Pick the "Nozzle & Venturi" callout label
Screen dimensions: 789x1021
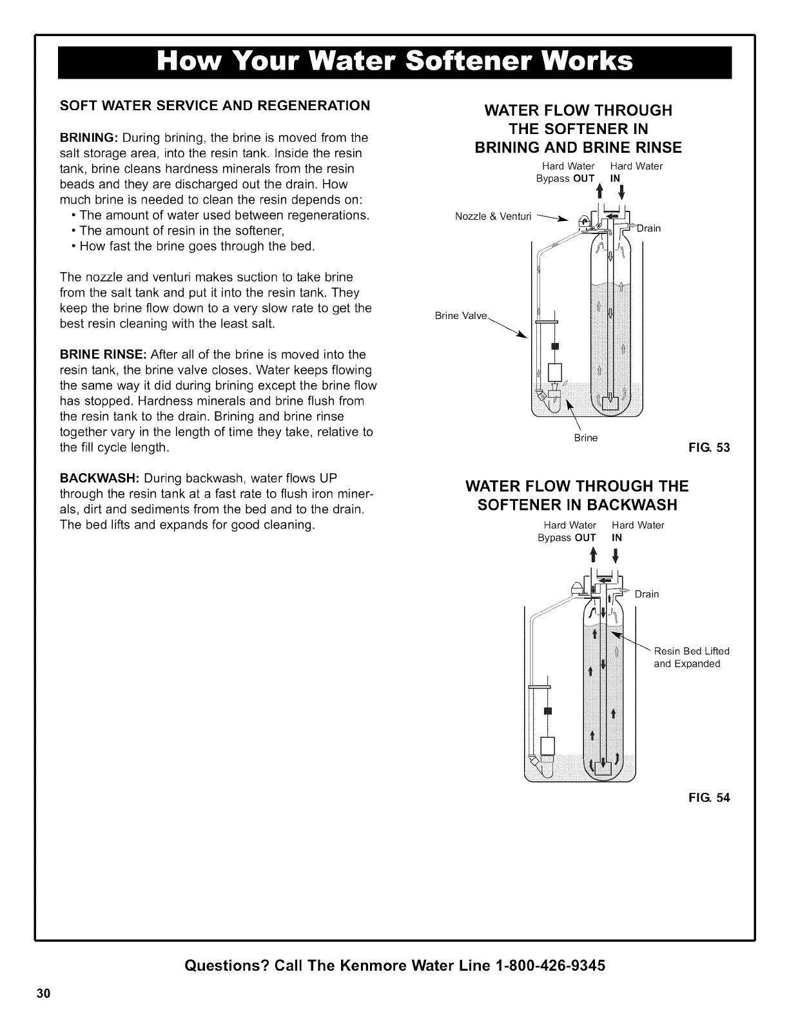[x=492, y=216]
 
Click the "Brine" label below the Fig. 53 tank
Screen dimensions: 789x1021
[x=586, y=438]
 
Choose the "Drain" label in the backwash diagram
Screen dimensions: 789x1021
[x=647, y=594]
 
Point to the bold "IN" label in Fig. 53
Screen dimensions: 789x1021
[x=615, y=179]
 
